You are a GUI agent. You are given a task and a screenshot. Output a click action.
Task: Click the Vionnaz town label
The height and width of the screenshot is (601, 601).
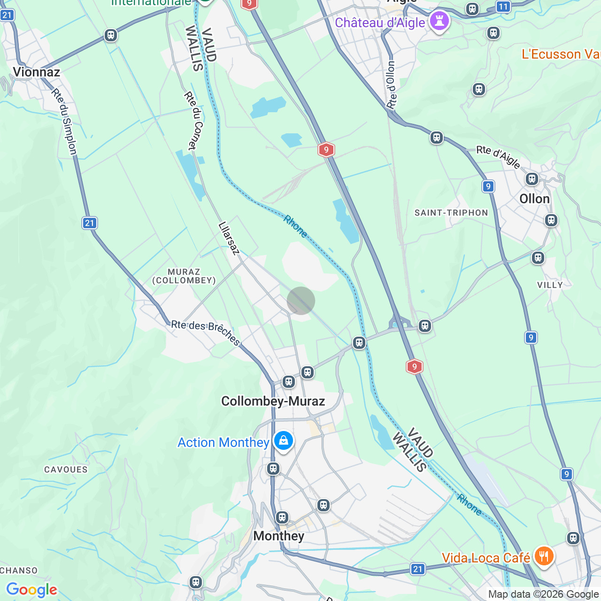(x=37, y=72)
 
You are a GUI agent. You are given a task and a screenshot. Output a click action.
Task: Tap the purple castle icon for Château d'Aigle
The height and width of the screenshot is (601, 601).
(x=439, y=21)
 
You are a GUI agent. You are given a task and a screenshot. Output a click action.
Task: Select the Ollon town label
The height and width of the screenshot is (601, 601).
(x=534, y=199)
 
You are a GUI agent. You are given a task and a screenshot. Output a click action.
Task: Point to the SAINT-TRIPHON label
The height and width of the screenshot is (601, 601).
(x=451, y=213)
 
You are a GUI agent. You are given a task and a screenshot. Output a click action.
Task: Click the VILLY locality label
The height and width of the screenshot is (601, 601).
(x=550, y=285)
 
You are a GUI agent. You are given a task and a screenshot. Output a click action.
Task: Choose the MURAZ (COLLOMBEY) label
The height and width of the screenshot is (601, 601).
(x=184, y=276)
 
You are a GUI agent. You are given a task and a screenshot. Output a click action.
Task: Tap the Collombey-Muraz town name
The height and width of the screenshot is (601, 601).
(x=273, y=401)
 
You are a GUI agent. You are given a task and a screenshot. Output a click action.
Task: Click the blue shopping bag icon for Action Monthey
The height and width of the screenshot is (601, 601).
(x=284, y=441)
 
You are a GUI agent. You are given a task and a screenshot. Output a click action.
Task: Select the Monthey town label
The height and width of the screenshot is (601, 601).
(x=278, y=536)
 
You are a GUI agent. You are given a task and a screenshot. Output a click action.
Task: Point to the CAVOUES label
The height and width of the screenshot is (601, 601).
(x=66, y=470)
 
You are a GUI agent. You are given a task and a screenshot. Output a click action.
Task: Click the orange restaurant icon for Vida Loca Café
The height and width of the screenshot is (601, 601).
(x=543, y=556)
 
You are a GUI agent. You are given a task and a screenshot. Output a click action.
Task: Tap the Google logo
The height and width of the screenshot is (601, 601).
(x=32, y=590)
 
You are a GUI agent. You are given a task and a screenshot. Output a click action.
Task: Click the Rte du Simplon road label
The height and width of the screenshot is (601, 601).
(x=65, y=122)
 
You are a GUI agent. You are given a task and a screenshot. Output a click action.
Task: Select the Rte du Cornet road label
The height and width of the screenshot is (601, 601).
(x=193, y=121)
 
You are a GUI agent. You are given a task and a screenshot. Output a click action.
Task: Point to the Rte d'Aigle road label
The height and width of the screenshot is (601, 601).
(x=498, y=156)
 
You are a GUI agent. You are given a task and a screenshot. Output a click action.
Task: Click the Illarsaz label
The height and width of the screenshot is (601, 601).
(x=229, y=238)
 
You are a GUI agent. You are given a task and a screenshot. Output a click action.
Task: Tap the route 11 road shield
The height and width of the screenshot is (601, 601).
(x=503, y=7)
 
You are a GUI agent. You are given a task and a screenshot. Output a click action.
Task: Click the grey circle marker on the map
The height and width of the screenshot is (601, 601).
(x=301, y=300)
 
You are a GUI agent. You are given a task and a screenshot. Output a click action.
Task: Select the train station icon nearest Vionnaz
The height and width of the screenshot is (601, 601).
(x=111, y=35)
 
